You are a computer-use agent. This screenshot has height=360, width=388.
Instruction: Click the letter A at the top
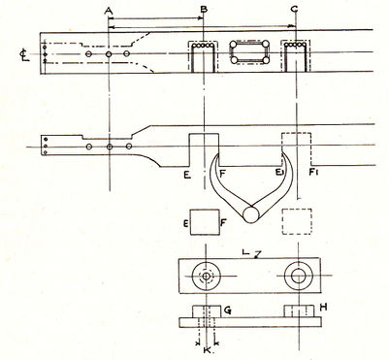point(109,9)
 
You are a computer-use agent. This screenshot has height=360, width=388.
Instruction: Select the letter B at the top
point(203,9)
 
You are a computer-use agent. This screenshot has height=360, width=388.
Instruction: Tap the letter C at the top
point(294,9)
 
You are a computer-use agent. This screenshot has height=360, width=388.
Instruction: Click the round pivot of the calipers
point(255,209)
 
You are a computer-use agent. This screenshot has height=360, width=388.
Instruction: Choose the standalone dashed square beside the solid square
point(297,223)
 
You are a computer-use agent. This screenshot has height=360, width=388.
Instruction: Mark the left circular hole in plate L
point(206,277)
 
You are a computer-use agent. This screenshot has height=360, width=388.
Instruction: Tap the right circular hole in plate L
point(297,277)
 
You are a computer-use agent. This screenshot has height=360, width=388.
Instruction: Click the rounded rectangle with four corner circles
point(248,54)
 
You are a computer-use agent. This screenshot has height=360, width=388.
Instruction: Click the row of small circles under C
point(296,47)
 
